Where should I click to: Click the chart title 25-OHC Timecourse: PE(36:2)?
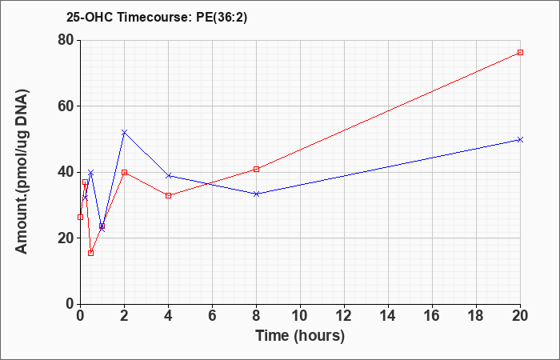tap(157, 18)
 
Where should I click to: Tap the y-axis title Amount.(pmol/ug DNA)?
tap(22, 172)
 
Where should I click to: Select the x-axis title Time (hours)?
tap(300, 336)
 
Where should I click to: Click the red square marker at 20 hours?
tap(520, 53)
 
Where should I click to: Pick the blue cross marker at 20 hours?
tap(520, 139)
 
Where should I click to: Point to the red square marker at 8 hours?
tap(257, 169)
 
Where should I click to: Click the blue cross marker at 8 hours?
tap(257, 194)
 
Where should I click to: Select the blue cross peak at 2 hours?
tap(124, 133)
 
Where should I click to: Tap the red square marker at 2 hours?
tap(124, 172)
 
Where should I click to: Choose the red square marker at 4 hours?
tap(169, 195)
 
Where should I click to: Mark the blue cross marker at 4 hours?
tap(169, 175)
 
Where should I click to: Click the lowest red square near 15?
tap(91, 253)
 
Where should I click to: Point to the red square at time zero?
tap(80, 217)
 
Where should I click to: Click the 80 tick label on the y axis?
tap(66, 40)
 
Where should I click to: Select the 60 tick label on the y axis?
tap(66, 106)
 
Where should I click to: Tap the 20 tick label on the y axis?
tap(66, 238)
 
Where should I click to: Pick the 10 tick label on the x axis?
tap(300, 316)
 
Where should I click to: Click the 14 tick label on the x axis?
tap(388, 316)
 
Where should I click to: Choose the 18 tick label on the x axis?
tap(477, 316)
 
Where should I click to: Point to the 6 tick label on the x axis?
tap(213, 316)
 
